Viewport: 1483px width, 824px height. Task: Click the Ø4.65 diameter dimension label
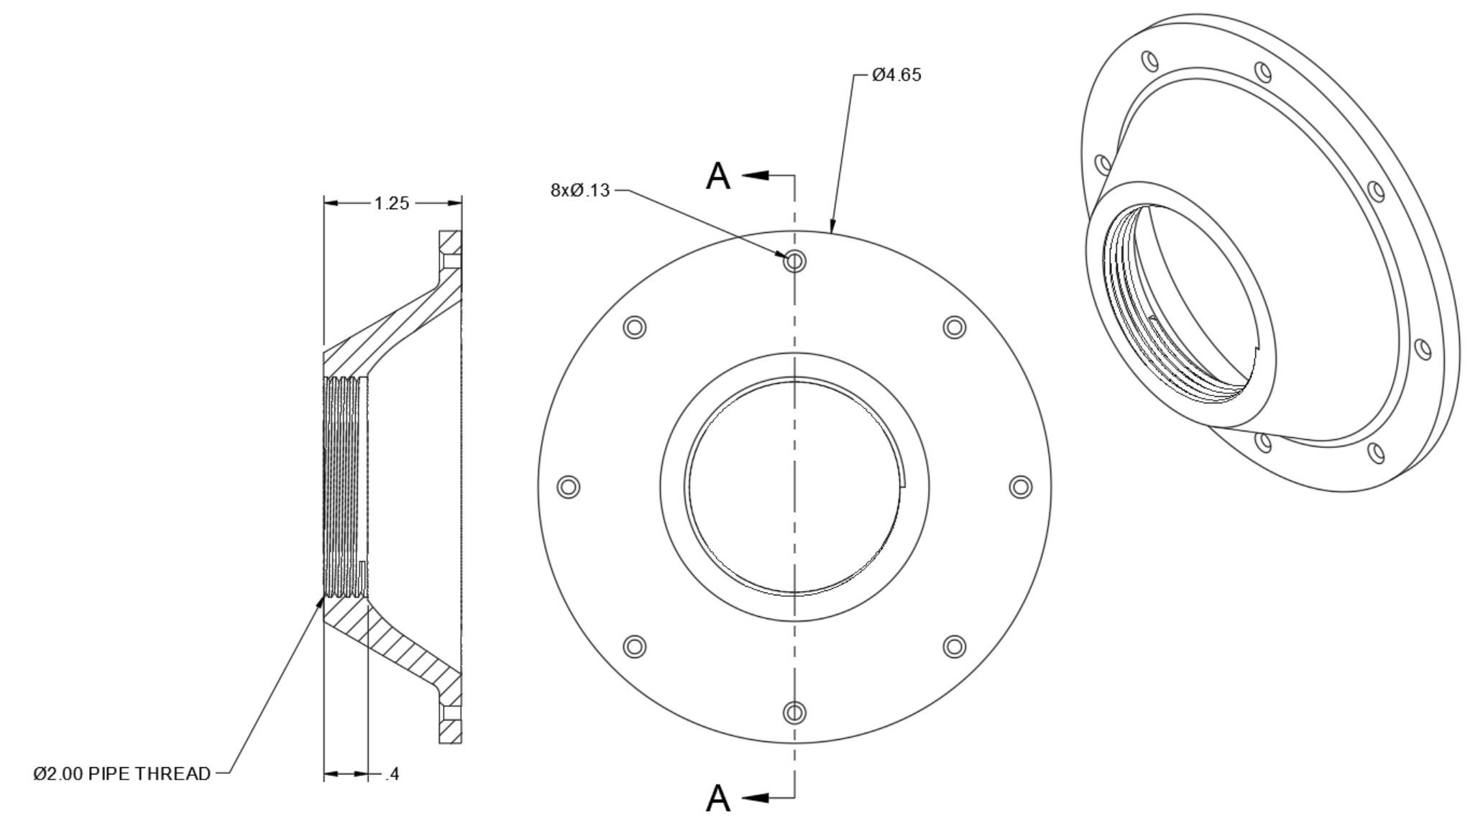[896, 75]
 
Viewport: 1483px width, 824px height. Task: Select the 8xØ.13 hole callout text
[579, 191]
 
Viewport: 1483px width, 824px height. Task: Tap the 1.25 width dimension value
[391, 203]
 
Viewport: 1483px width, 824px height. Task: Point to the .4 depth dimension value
[392, 774]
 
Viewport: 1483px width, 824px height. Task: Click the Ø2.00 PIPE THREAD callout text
[122, 774]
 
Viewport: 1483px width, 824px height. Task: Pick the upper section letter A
[718, 176]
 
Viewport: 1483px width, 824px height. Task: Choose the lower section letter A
[718, 798]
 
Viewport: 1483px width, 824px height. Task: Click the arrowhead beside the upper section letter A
[756, 175]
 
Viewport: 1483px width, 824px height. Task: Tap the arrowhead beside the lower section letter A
[756, 797]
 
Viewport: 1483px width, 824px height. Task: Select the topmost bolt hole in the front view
[794, 260]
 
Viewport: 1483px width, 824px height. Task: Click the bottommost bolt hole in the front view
[794, 713]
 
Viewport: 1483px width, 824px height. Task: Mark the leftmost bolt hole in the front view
[569, 487]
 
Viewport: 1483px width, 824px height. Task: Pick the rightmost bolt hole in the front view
[1020, 487]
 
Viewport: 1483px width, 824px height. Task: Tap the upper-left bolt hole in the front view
[634, 327]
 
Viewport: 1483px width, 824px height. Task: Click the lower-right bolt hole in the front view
[954, 646]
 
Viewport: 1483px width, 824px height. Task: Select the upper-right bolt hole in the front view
[954, 327]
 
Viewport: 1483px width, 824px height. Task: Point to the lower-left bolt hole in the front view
[634, 646]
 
